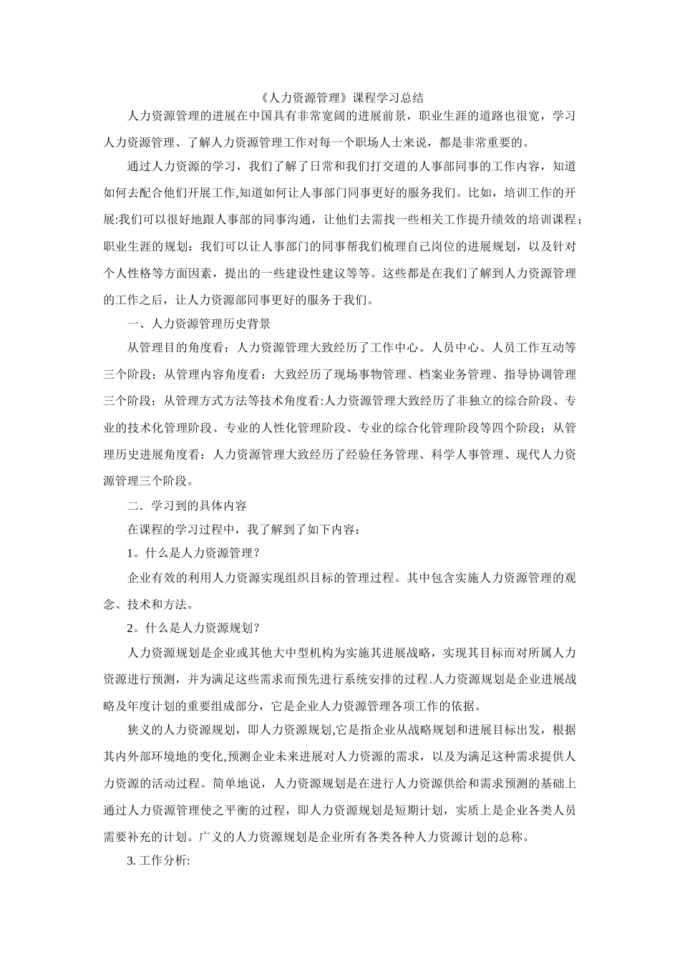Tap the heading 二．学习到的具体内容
click(187, 505)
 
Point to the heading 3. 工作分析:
click(157, 861)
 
